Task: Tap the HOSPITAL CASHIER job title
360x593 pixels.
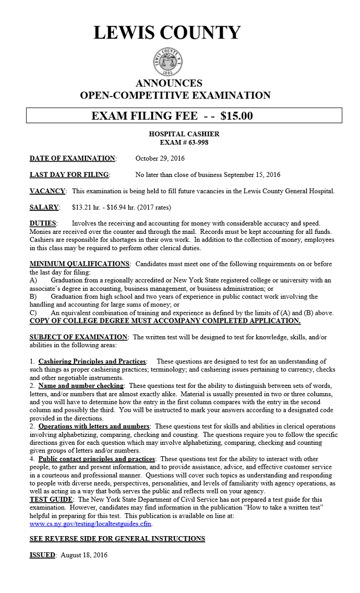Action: [x=184, y=134]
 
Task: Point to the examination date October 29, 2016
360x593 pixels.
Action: [x=160, y=158]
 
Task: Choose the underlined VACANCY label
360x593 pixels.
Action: [x=47, y=191]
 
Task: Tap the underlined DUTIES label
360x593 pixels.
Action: [x=43, y=223]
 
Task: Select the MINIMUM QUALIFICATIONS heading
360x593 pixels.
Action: [x=79, y=264]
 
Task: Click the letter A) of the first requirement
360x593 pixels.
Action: [x=33, y=280]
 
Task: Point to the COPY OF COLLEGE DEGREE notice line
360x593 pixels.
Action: [x=165, y=321]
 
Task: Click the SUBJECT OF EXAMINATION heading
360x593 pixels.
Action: [x=78, y=337]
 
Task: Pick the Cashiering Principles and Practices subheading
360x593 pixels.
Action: [x=92, y=361]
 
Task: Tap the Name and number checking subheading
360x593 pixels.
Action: [x=81, y=386]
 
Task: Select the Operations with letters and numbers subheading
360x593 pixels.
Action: [x=94, y=426]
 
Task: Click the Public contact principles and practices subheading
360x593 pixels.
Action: [x=97, y=459]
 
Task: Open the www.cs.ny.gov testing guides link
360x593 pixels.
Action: [x=90, y=524]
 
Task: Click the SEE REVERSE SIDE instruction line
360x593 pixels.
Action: [x=117, y=539]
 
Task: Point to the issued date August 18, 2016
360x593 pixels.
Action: [x=83, y=555]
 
